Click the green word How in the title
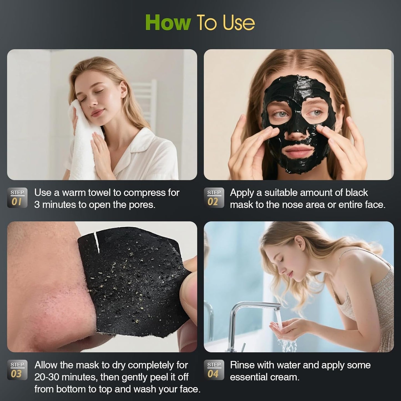[168, 23]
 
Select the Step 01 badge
[17, 198]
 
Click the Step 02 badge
[214, 198]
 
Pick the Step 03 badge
[17, 370]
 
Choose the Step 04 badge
[214, 370]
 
